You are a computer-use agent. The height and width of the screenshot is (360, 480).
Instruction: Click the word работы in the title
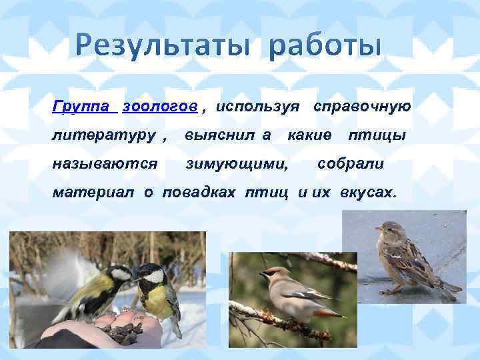coord(327,47)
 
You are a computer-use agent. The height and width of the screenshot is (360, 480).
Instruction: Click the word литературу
coord(105,135)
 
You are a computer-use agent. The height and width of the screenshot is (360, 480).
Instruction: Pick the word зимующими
coord(237,163)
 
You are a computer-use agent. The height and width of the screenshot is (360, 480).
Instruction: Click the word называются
coord(105,163)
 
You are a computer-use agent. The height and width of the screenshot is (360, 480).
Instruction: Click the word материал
coord(95,192)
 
